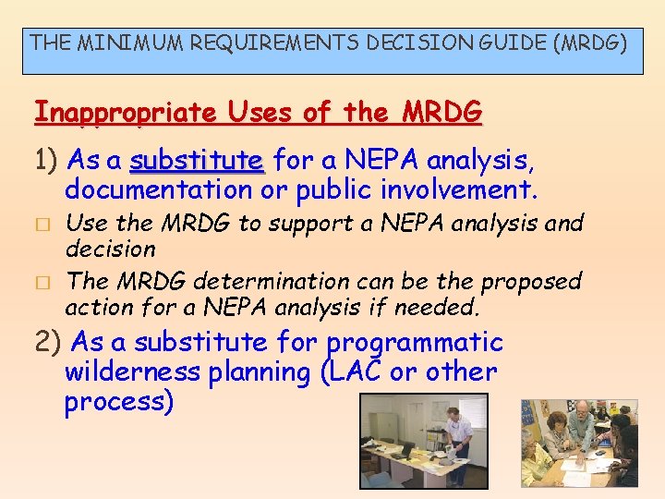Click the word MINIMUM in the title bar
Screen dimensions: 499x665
click(116, 42)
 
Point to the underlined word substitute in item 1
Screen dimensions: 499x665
click(198, 162)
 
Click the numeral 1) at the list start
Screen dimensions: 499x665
click(47, 162)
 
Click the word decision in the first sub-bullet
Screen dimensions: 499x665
click(110, 249)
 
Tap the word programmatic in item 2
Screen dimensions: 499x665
click(415, 342)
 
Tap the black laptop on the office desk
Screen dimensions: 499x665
click(406, 450)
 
